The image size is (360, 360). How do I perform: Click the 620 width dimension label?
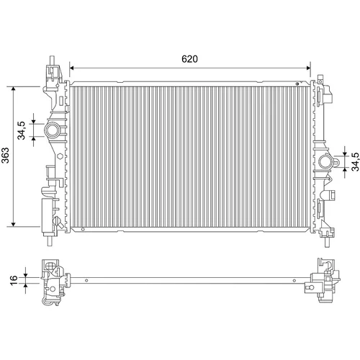189,59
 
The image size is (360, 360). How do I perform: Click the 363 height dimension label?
5,156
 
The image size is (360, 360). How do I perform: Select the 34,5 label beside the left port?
22,130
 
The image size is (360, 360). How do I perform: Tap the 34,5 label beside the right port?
356,162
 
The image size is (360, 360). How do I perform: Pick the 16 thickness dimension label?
14,280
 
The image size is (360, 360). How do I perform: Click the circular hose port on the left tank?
52,130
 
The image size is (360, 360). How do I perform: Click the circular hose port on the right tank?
325,162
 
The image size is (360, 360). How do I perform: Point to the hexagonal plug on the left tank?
60,156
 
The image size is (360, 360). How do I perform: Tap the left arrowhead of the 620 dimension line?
71,68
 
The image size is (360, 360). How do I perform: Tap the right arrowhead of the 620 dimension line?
308,68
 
